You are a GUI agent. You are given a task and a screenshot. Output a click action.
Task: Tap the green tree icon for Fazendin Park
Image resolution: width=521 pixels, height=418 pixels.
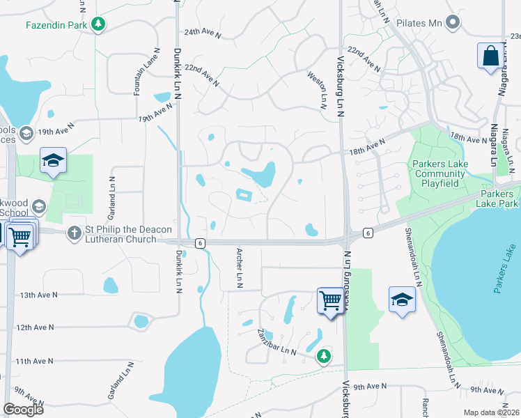click(x=98, y=24)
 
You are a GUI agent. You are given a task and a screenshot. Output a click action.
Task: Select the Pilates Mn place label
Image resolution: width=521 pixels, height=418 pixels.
click(x=419, y=23)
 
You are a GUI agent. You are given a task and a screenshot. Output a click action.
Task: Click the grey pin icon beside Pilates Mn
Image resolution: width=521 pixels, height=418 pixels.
click(x=454, y=23)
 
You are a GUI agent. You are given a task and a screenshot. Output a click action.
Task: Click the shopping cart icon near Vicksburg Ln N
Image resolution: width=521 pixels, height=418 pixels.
click(x=330, y=301)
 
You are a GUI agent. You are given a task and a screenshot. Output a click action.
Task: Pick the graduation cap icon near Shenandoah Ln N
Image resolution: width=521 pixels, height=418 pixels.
click(x=402, y=300)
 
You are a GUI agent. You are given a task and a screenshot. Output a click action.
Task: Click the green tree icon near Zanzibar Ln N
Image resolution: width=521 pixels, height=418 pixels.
click(x=324, y=357)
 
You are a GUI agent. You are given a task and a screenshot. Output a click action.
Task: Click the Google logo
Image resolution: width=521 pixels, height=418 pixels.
click(x=24, y=409)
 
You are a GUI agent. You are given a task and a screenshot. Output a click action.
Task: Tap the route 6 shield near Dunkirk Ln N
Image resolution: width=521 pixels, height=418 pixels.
click(x=200, y=242)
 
